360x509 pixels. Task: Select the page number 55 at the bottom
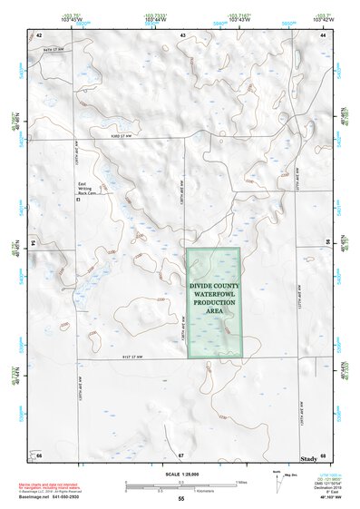pos(180,499)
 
